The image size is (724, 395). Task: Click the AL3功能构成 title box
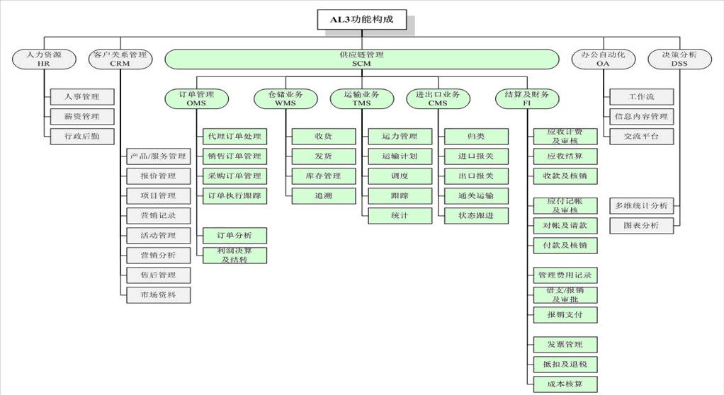point(363,21)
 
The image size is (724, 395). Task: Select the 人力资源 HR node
point(44,59)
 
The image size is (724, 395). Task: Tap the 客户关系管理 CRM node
point(120,59)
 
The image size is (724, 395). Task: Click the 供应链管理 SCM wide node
point(361,59)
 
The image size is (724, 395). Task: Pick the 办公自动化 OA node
point(603,59)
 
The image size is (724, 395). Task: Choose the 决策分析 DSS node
point(679,59)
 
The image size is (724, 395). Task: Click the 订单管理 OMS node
point(196,98)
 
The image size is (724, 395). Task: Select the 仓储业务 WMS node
point(285,98)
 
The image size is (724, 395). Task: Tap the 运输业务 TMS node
point(361,98)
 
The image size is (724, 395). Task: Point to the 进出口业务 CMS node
point(438,98)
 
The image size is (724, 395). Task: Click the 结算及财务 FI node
point(527,98)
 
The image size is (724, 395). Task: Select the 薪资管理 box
point(82,116)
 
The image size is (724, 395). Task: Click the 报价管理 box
point(158,176)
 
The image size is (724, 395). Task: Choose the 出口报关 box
point(476,176)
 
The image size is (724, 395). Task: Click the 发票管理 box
point(565,345)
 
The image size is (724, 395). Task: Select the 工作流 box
point(641,97)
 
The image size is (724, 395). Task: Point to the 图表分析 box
point(641,226)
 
